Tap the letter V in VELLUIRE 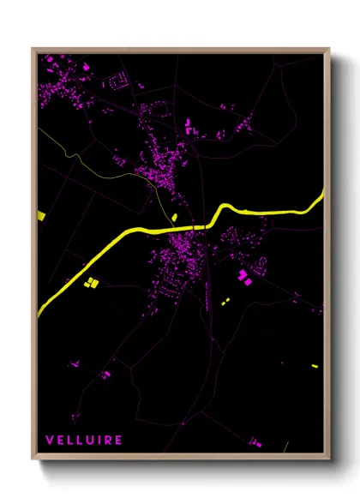pos(49,440)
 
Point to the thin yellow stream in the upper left pos(94,165)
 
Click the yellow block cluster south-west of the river pos(92,281)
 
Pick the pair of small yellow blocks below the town pos(225,302)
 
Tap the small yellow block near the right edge pos(315,366)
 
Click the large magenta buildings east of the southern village pos(243,276)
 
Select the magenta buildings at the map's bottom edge pos(254,443)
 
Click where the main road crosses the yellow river pos(204,225)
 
